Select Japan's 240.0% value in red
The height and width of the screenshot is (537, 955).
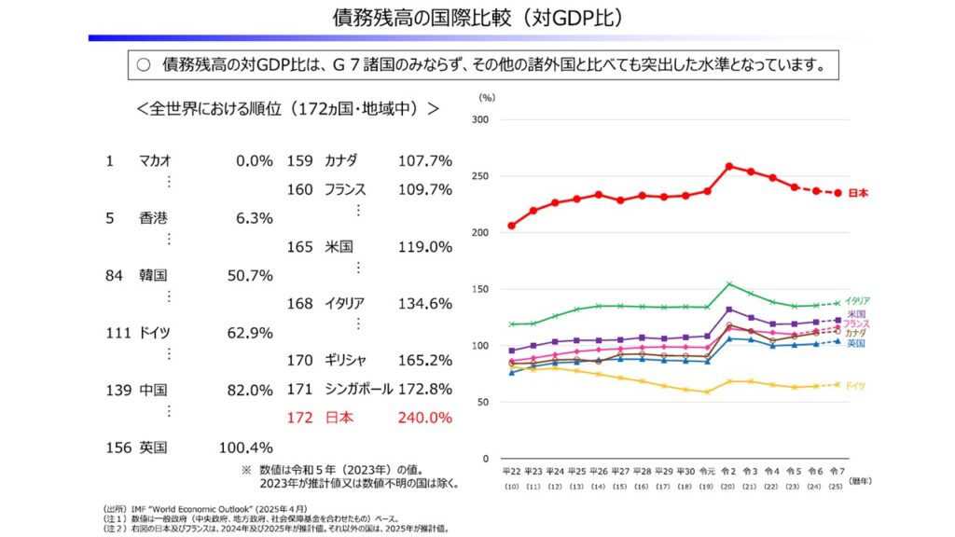(424, 418)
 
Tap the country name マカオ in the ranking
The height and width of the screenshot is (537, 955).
(154, 160)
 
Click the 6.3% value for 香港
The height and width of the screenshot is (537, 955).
(255, 218)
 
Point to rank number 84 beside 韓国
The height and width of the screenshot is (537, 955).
(114, 276)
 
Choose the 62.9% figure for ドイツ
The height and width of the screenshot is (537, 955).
(250, 333)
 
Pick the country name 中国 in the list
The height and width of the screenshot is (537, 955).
(153, 390)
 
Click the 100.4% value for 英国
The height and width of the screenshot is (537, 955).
(245, 447)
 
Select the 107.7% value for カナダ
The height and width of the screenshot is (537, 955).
(424, 160)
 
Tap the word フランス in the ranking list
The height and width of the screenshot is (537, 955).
(344, 189)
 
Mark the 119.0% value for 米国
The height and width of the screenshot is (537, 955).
(424, 247)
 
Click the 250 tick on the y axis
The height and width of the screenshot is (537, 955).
(481, 176)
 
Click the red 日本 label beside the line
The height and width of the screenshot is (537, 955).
(858, 193)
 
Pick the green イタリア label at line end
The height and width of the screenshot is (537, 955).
(857, 301)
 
